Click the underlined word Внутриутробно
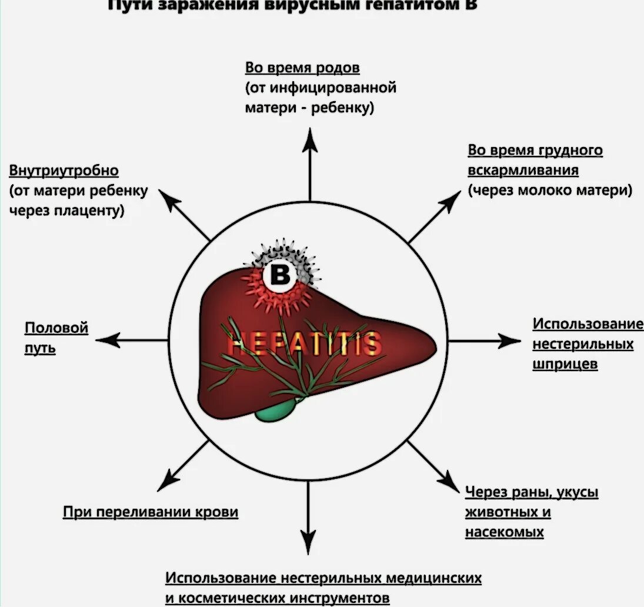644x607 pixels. (x=64, y=171)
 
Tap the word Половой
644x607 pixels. (x=56, y=328)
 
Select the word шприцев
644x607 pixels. (x=565, y=364)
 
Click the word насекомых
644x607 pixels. (x=504, y=532)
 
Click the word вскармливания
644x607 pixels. (x=523, y=170)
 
